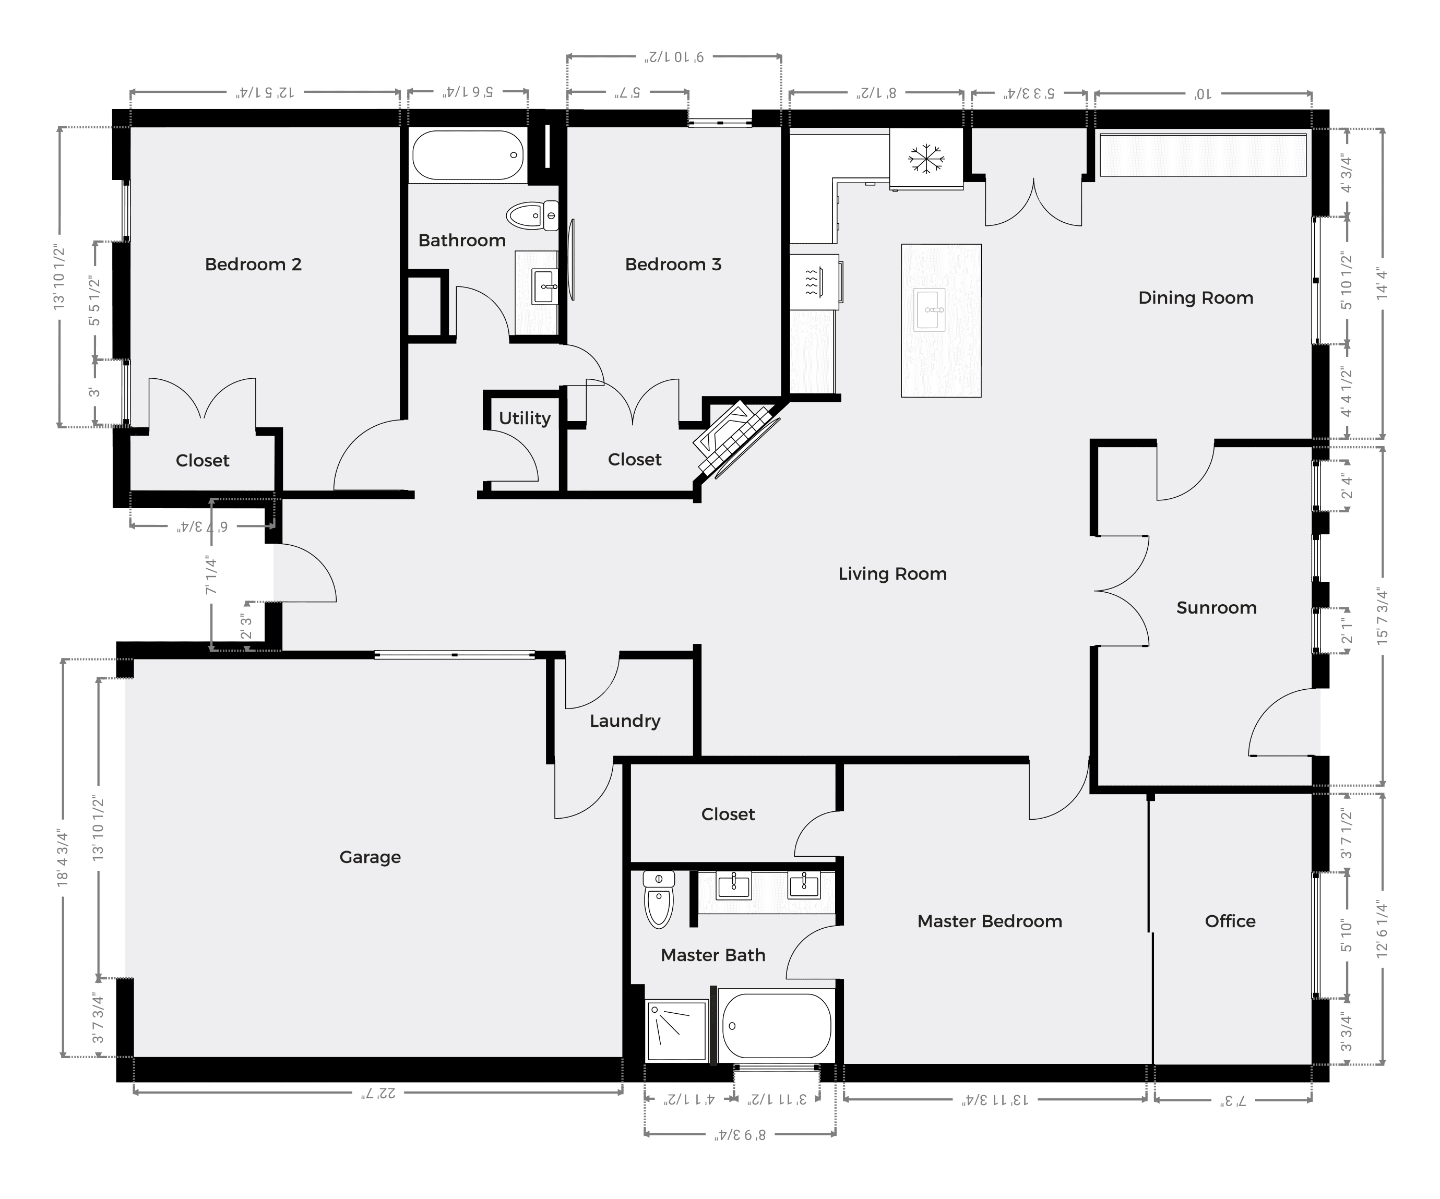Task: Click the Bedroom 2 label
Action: (253, 264)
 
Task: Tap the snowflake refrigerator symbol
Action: (926, 159)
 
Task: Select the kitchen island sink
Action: (929, 310)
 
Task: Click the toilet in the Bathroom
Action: (533, 216)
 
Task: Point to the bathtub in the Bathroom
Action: (467, 155)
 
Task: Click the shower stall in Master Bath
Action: (676, 1030)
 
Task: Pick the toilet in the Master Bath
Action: (658, 898)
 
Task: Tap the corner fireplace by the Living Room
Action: (737, 439)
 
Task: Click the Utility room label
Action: (525, 418)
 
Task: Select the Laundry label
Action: (625, 721)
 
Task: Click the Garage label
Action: (370, 857)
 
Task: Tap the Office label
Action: (1230, 921)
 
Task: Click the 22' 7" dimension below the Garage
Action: (378, 1092)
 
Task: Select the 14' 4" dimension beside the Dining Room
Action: (1381, 283)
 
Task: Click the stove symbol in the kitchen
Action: (814, 282)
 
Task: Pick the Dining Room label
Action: (1196, 297)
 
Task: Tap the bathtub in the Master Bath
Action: (776, 1026)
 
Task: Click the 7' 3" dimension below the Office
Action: (1232, 1100)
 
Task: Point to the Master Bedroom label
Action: (990, 921)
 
